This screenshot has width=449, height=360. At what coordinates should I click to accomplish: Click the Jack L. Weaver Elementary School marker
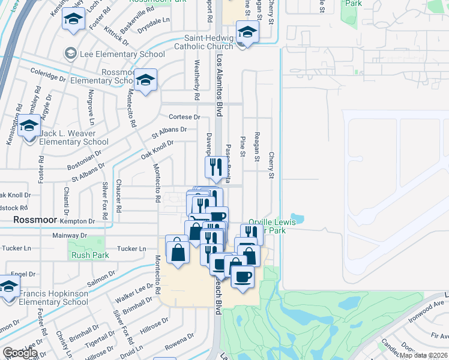click(29, 127)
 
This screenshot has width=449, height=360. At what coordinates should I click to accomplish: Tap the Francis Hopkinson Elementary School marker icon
click(8, 287)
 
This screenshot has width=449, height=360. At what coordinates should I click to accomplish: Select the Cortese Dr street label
click(184, 116)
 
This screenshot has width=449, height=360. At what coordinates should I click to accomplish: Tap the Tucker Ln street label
click(131, 248)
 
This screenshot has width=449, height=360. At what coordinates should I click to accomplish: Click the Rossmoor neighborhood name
click(35, 220)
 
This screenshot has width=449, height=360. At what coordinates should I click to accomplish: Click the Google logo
click(20, 353)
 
